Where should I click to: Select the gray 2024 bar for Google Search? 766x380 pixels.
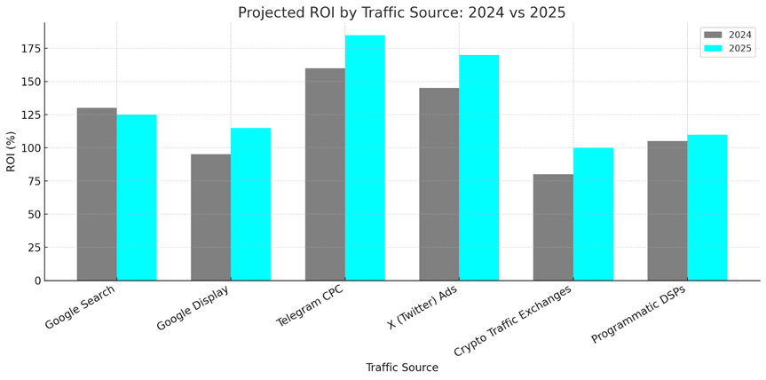tap(97, 194)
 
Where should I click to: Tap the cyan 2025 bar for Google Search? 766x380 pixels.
tap(137, 197)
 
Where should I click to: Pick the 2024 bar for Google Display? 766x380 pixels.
tap(210, 218)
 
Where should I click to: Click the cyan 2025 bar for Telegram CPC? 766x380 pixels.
tap(365, 158)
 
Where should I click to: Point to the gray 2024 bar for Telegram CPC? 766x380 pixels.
tap(325, 174)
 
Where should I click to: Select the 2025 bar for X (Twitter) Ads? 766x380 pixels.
tap(479, 168)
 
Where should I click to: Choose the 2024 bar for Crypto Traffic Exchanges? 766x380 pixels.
tap(553, 227)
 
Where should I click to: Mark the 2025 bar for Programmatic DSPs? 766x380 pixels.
tap(707, 208)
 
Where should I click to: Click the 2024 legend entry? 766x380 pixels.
tap(728, 35)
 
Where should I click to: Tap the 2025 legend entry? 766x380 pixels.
tap(728, 49)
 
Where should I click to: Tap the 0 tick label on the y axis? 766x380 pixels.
tap(37, 281)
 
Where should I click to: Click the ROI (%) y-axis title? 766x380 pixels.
tap(11, 151)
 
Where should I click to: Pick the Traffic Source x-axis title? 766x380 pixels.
tap(402, 368)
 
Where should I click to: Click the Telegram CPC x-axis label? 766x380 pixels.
tap(309, 307)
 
